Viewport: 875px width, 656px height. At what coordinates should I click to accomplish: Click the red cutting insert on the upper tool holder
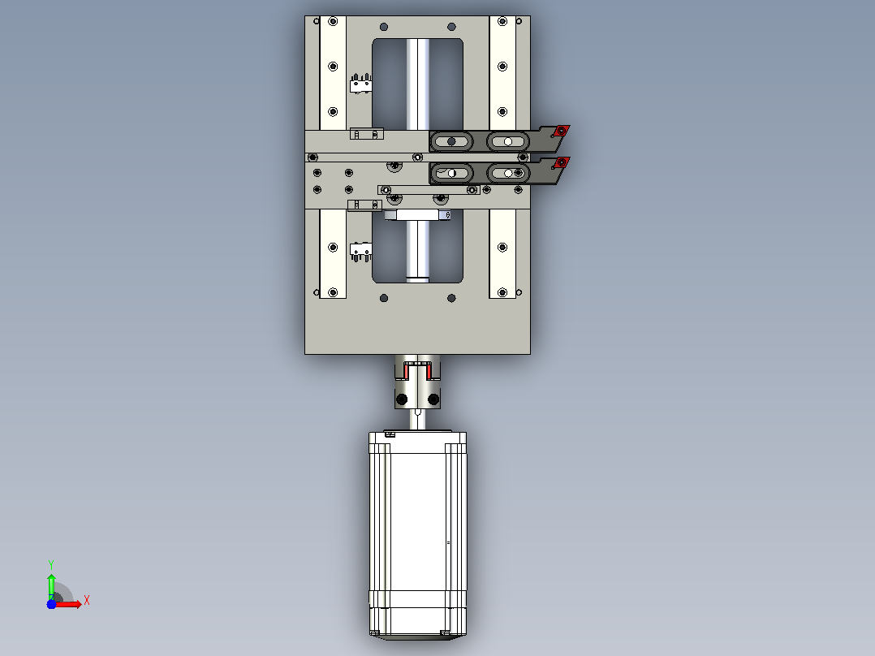point(562,131)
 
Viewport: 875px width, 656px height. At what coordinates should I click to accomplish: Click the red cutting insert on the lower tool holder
point(562,162)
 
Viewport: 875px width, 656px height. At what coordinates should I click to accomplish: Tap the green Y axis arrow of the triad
point(51,585)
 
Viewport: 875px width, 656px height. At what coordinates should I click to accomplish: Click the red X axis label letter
point(87,601)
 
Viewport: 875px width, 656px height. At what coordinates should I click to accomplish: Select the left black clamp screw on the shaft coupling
point(401,399)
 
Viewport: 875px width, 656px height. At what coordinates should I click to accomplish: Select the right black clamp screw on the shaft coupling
point(433,399)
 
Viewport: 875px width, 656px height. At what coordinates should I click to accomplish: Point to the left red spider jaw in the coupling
point(405,369)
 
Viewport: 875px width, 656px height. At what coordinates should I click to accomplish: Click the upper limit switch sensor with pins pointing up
point(360,84)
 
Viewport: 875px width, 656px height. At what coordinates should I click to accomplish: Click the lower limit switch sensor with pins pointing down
point(360,251)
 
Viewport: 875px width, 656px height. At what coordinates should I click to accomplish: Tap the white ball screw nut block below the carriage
point(417,215)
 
